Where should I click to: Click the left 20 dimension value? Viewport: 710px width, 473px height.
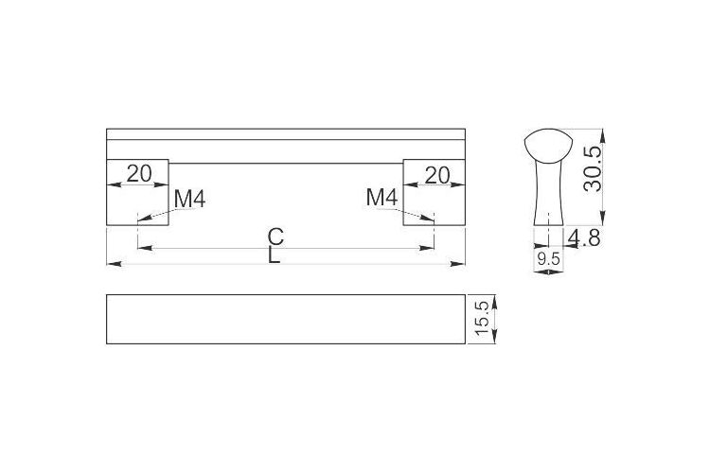point(138,174)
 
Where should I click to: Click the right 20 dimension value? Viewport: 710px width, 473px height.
point(437,176)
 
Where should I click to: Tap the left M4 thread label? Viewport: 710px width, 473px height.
point(190,199)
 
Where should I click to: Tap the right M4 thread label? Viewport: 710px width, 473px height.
point(382,198)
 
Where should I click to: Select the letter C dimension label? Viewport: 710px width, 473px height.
point(275,236)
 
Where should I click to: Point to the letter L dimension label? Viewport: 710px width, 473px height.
point(274,255)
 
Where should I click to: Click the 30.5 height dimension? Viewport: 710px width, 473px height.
point(594,168)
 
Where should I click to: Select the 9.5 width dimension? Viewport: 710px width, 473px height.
point(548,259)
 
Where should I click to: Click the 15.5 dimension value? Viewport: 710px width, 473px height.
point(484,319)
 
